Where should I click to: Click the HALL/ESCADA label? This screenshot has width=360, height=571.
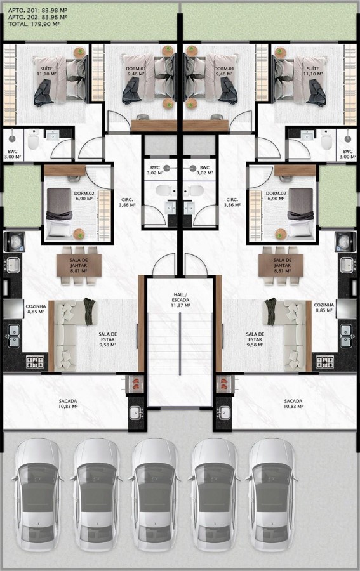click(x=180, y=299)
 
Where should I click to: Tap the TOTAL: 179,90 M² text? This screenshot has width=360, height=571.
click(x=34, y=24)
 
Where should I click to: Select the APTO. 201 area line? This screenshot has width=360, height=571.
click(x=37, y=10)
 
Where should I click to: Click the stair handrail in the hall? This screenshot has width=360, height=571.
click(x=180, y=344)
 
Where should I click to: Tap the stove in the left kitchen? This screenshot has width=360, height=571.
click(x=35, y=362)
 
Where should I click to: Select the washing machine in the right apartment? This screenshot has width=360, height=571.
click(x=345, y=241)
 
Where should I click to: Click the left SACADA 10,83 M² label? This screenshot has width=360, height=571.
click(x=68, y=404)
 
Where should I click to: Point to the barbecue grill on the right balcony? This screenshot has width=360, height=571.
click(x=225, y=384)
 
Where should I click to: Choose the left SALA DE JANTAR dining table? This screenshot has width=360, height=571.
click(x=79, y=265)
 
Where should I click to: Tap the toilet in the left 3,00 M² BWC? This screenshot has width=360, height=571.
click(x=33, y=141)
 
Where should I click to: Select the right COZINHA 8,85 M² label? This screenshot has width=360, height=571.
click(x=324, y=308)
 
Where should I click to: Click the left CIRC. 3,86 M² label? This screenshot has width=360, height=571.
click(x=127, y=202)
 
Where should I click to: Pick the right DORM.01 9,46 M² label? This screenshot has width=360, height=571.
click(x=223, y=71)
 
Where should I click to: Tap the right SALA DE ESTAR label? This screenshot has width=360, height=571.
click(x=255, y=339)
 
